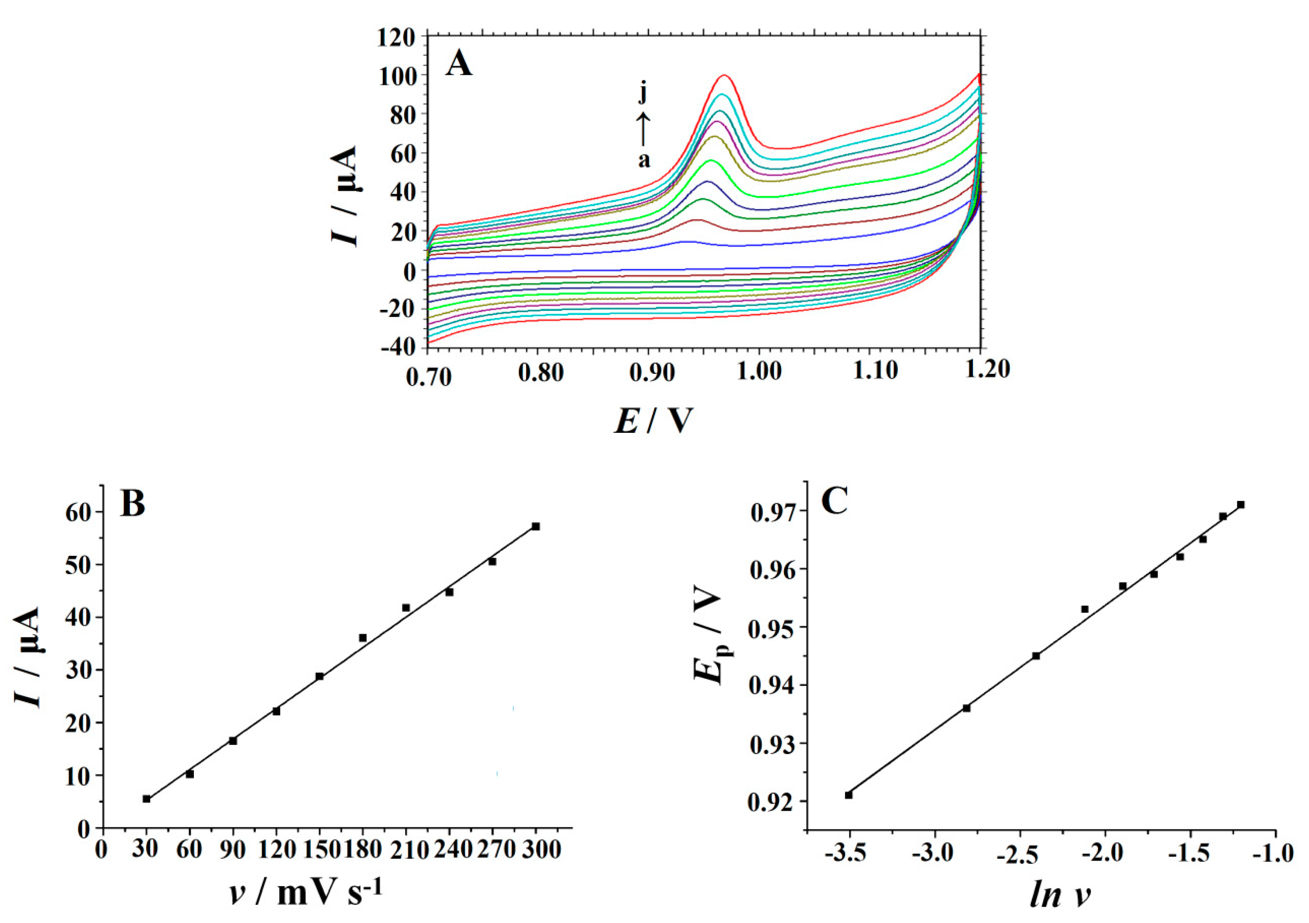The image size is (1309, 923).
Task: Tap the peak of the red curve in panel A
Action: pos(725,75)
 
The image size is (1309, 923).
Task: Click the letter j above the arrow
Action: pos(643,93)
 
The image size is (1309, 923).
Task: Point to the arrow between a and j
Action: pos(643,128)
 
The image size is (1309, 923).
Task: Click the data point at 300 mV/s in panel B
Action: pos(535,526)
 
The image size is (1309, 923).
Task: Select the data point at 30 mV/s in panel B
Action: pos(147,799)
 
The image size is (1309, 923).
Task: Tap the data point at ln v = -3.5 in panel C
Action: pos(848,795)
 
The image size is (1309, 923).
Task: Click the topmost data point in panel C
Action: pos(1240,504)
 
